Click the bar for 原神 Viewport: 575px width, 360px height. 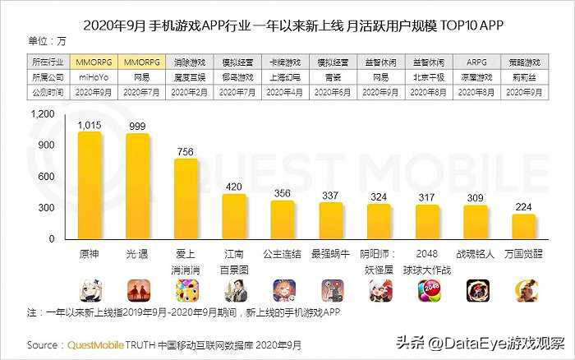pos(90,186)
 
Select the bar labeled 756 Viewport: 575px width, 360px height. pos(186,199)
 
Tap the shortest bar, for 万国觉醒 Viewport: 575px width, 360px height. pos(525,227)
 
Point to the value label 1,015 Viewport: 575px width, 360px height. pos(90,124)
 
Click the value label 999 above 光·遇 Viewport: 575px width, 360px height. pos(137,126)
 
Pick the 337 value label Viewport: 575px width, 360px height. pos(331,195)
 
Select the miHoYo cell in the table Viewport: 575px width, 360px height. pos(90,77)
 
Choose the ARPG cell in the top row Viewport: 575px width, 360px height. pos(476,62)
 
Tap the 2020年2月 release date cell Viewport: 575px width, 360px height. pos(186,93)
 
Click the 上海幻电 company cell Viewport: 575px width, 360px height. pos(283,77)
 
